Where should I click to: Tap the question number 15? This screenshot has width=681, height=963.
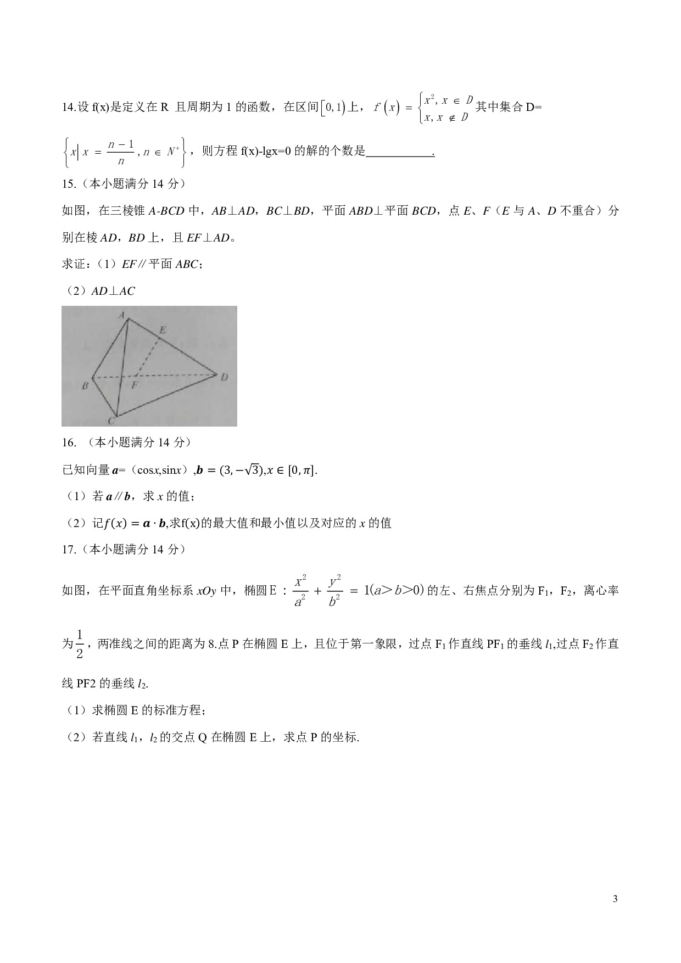(x=68, y=184)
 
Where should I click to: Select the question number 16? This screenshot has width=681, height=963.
(x=68, y=443)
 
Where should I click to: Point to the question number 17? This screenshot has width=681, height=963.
(x=68, y=550)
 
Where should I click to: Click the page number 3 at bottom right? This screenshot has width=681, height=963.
(x=615, y=899)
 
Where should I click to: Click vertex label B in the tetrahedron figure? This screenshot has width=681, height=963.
(x=85, y=386)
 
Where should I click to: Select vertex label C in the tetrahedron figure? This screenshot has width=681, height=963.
(x=111, y=421)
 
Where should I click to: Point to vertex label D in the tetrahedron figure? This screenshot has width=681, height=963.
(x=224, y=377)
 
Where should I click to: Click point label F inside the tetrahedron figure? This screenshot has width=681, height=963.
(x=135, y=385)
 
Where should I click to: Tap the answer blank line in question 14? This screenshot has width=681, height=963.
(x=400, y=152)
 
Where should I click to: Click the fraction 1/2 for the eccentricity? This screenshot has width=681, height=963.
(x=80, y=643)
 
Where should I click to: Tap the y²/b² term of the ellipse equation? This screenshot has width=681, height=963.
(x=335, y=591)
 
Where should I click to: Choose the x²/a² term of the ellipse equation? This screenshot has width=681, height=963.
(x=300, y=591)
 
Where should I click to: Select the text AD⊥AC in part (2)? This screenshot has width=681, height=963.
(x=113, y=291)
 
